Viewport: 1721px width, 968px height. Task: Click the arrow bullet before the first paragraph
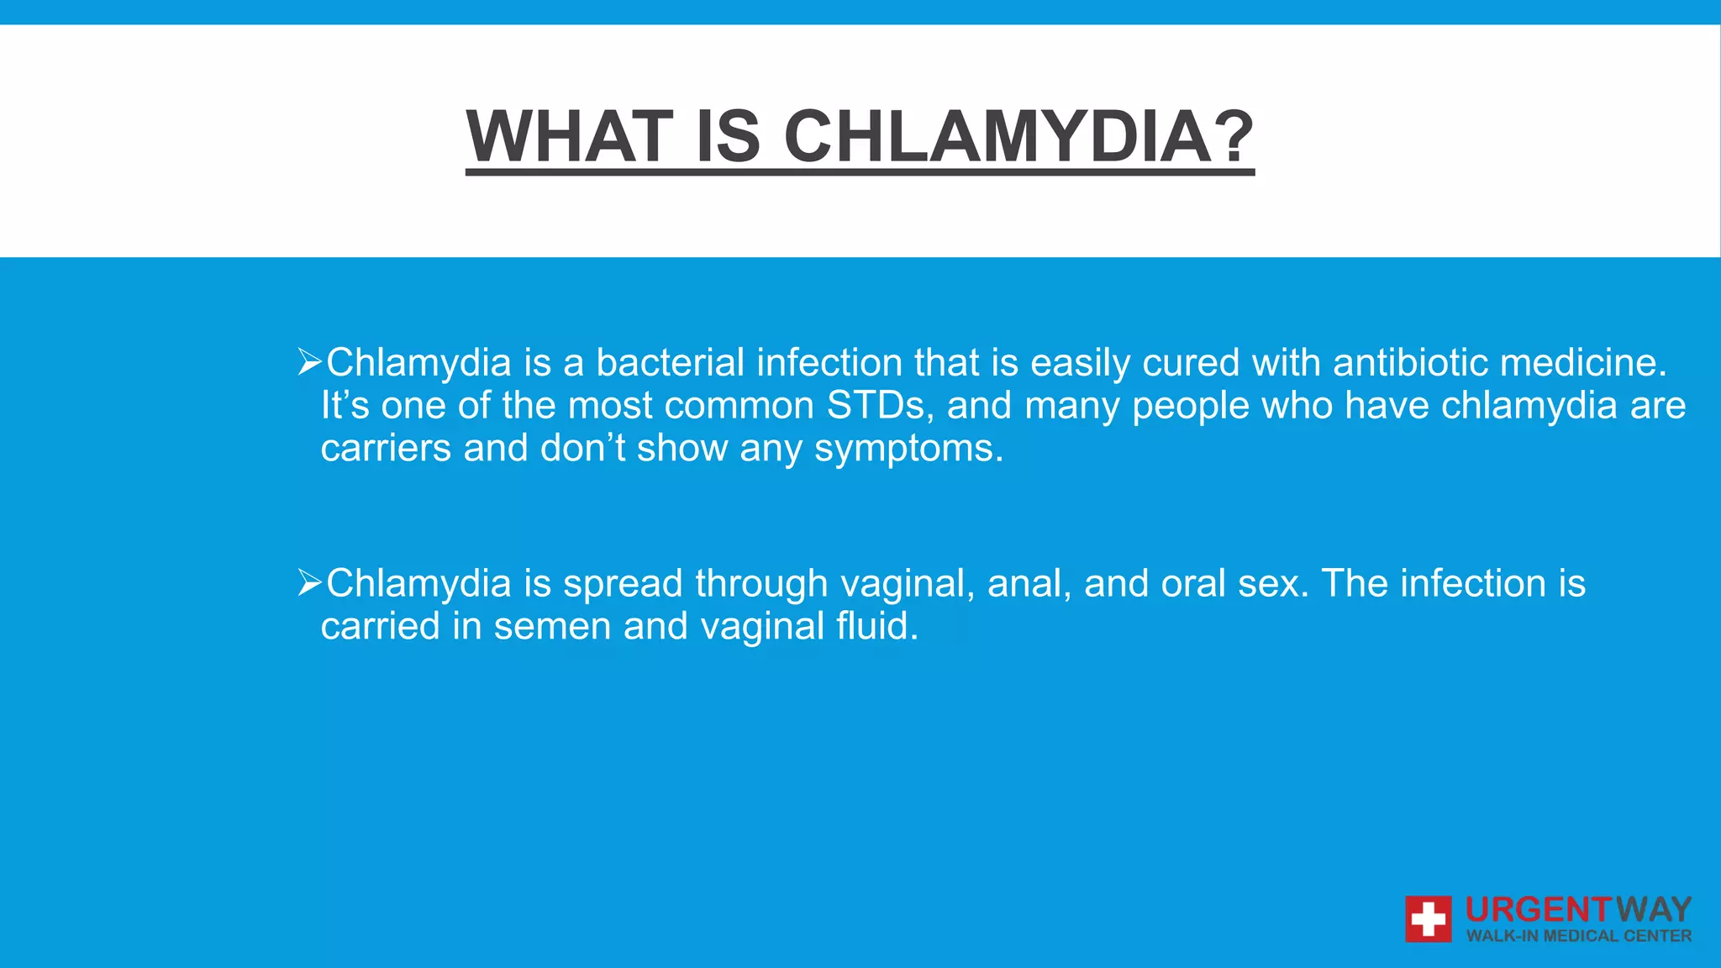tap(309, 363)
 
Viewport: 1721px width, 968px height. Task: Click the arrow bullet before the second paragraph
tap(309, 583)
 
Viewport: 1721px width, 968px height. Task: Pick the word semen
tap(551, 627)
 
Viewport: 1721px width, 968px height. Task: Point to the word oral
tap(1192, 584)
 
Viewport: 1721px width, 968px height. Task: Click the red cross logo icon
tap(1428, 918)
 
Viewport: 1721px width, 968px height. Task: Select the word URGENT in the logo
tap(1538, 910)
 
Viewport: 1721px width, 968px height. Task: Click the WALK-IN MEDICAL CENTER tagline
tap(1578, 936)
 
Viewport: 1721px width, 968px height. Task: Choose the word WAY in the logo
tap(1653, 910)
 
